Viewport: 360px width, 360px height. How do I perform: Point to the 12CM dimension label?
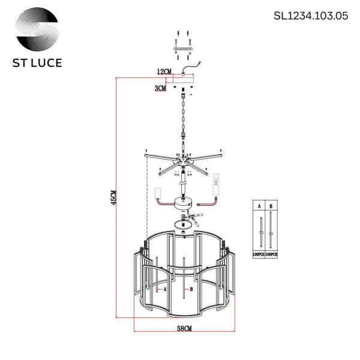click(164, 71)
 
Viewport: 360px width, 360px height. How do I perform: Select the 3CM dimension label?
click(160, 88)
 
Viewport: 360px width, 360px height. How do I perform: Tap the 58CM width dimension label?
click(184, 328)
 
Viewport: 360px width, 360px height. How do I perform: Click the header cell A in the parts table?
click(259, 206)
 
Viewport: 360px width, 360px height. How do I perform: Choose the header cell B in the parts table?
click(271, 206)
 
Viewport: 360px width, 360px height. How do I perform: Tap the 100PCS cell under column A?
click(259, 255)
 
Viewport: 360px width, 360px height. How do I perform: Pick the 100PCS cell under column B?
click(271, 255)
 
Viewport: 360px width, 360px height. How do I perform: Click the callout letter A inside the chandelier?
click(164, 289)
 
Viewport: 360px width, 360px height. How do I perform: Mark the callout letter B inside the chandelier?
click(191, 289)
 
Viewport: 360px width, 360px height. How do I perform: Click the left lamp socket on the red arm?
click(159, 193)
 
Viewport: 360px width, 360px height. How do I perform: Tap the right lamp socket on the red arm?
click(217, 191)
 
